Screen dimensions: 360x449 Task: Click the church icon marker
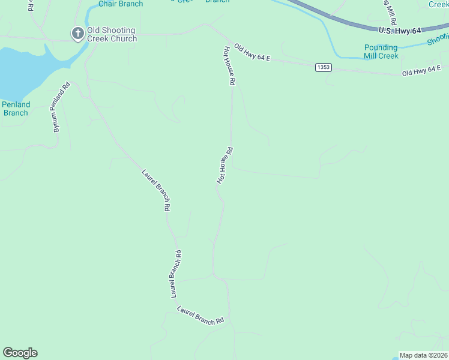point(78,34)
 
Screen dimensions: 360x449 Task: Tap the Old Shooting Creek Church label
point(112,34)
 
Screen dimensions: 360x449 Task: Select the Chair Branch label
point(121,4)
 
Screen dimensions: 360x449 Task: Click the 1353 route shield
point(323,67)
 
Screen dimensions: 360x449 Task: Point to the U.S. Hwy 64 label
point(400,29)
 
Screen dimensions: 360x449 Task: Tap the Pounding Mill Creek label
point(381,52)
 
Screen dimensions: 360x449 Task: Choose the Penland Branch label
point(16,109)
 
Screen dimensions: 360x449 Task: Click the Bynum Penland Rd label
point(58,107)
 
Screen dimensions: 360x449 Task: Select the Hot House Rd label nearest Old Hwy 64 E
point(229,66)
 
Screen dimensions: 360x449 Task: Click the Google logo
point(20,353)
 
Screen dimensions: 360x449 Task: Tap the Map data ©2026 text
point(424,355)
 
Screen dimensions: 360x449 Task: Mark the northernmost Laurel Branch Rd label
point(157,190)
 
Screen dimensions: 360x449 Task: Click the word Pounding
point(381,47)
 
